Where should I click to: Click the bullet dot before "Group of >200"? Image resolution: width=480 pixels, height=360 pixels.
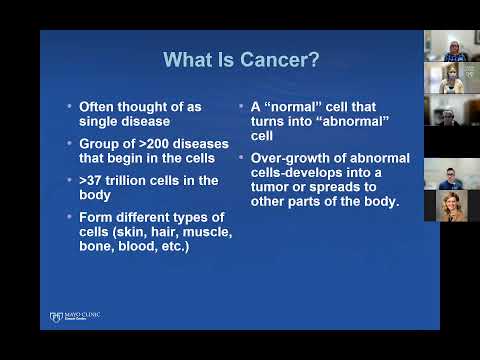coord(68,142)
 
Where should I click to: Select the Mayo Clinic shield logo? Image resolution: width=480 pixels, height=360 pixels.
coord(56,317)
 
